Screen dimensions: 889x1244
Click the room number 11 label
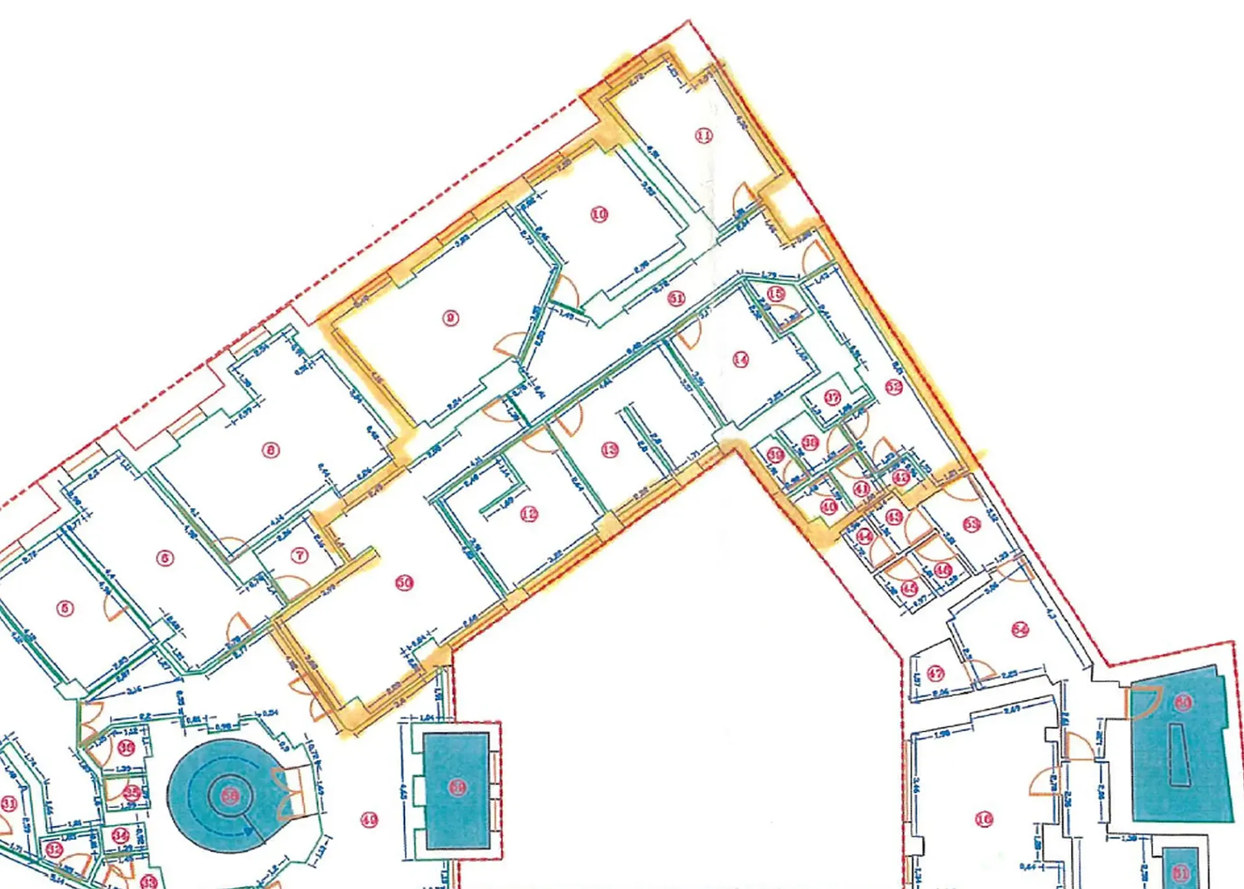[703, 135]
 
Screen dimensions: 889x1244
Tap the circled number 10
[599, 214]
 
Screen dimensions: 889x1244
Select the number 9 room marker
[451, 318]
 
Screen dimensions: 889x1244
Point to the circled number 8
[270, 450]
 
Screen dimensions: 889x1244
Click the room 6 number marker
[165, 558]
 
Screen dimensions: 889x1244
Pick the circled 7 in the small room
[299, 556]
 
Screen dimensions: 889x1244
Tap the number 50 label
[405, 583]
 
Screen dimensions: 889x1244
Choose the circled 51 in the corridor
[676, 299]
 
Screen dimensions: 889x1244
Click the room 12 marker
[529, 514]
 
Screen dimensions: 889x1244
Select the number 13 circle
[609, 450]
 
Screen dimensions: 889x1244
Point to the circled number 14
[740, 360]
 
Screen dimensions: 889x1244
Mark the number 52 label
[894, 387]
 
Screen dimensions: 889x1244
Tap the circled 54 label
[1020, 629]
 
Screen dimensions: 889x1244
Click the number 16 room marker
[984, 820]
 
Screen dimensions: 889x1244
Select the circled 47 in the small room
[935, 673]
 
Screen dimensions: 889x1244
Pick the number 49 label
[369, 820]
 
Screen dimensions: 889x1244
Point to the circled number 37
[832, 397]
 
